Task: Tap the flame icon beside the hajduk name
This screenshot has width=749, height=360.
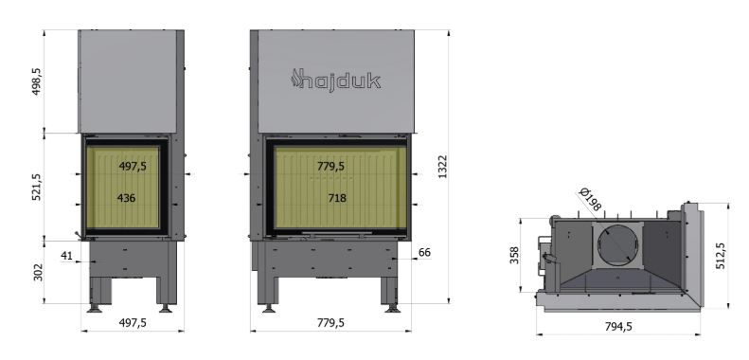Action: [296, 79]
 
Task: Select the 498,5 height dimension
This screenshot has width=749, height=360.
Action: [37, 81]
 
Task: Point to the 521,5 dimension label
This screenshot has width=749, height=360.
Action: [37, 187]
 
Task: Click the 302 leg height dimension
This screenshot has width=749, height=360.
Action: [38, 273]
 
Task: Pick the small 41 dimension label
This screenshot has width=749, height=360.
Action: [66, 256]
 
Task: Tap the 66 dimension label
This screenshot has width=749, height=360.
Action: [424, 252]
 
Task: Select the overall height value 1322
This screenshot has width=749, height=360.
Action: [443, 167]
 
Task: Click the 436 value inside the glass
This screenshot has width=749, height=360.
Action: [126, 198]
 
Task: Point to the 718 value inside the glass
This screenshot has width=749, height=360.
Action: [337, 198]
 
